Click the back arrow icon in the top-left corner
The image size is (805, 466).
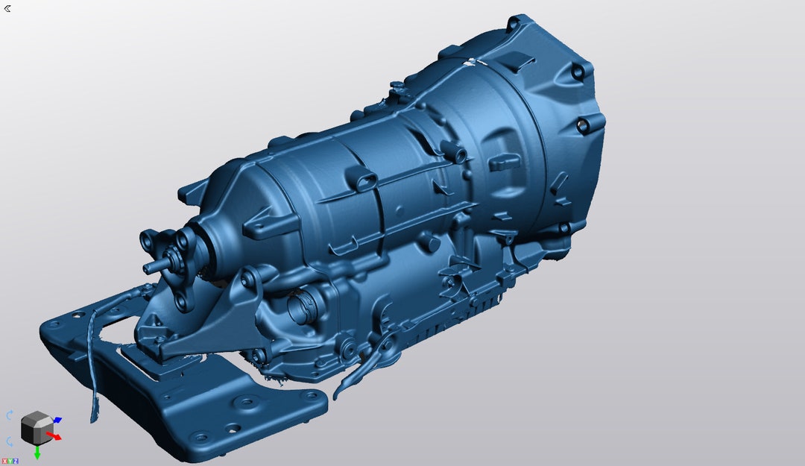pos(7,8)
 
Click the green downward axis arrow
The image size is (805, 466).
pos(37,452)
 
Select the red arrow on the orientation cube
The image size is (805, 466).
pos(54,435)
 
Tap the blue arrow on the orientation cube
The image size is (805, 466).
pos(57,421)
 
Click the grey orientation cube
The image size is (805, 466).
pos(34,428)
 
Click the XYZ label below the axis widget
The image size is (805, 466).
pos(10,462)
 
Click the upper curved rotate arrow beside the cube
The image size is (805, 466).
pos(10,415)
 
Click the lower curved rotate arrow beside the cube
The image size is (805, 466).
pos(10,441)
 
